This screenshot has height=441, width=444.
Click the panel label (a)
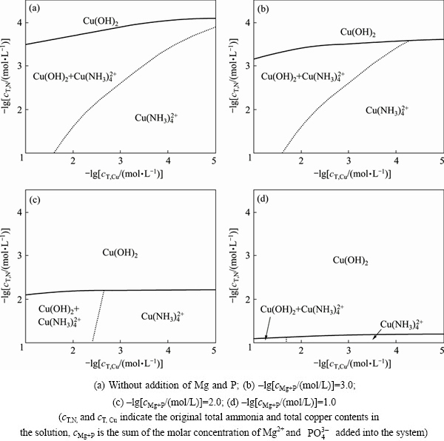34,11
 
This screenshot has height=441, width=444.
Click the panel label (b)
263,11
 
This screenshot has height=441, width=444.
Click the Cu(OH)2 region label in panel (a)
101,23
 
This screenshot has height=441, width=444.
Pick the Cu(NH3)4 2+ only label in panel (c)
163,317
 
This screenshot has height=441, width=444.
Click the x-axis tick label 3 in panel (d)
349,352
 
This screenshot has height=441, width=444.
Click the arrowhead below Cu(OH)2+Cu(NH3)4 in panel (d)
266,337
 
